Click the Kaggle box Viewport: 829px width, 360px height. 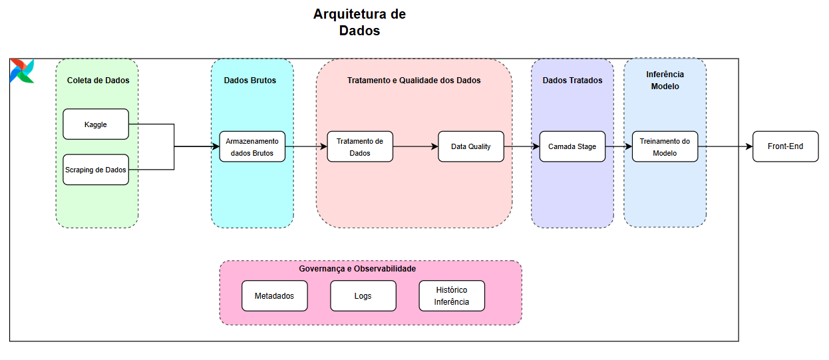tap(96, 124)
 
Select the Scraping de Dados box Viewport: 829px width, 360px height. tap(96, 170)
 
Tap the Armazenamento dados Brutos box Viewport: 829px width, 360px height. tap(253, 146)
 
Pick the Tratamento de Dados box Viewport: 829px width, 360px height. tap(360, 146)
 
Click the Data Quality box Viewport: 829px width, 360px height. tap(470, 146)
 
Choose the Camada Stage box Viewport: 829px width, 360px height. tap(572, 146)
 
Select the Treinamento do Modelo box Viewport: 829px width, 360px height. tap(665, 146)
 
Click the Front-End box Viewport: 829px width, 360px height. tap(785, 146)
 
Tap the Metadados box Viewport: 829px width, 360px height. tap(274, 295)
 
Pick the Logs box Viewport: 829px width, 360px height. tap(363, 295)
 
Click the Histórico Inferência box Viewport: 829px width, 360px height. tap(452, 295)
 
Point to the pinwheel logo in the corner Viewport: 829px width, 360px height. tap(22, 71)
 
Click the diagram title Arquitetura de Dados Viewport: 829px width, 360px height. tap(359, 22)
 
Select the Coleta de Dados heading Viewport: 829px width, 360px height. tap(98, 81)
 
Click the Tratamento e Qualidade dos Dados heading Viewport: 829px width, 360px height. tap(414, 81)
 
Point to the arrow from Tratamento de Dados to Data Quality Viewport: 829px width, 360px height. tap(415, 146)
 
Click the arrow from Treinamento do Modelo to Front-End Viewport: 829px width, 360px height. tap(725, 146)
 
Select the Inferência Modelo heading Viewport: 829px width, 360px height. tap(665, 81)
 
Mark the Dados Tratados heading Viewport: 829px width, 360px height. tap(572, 81)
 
